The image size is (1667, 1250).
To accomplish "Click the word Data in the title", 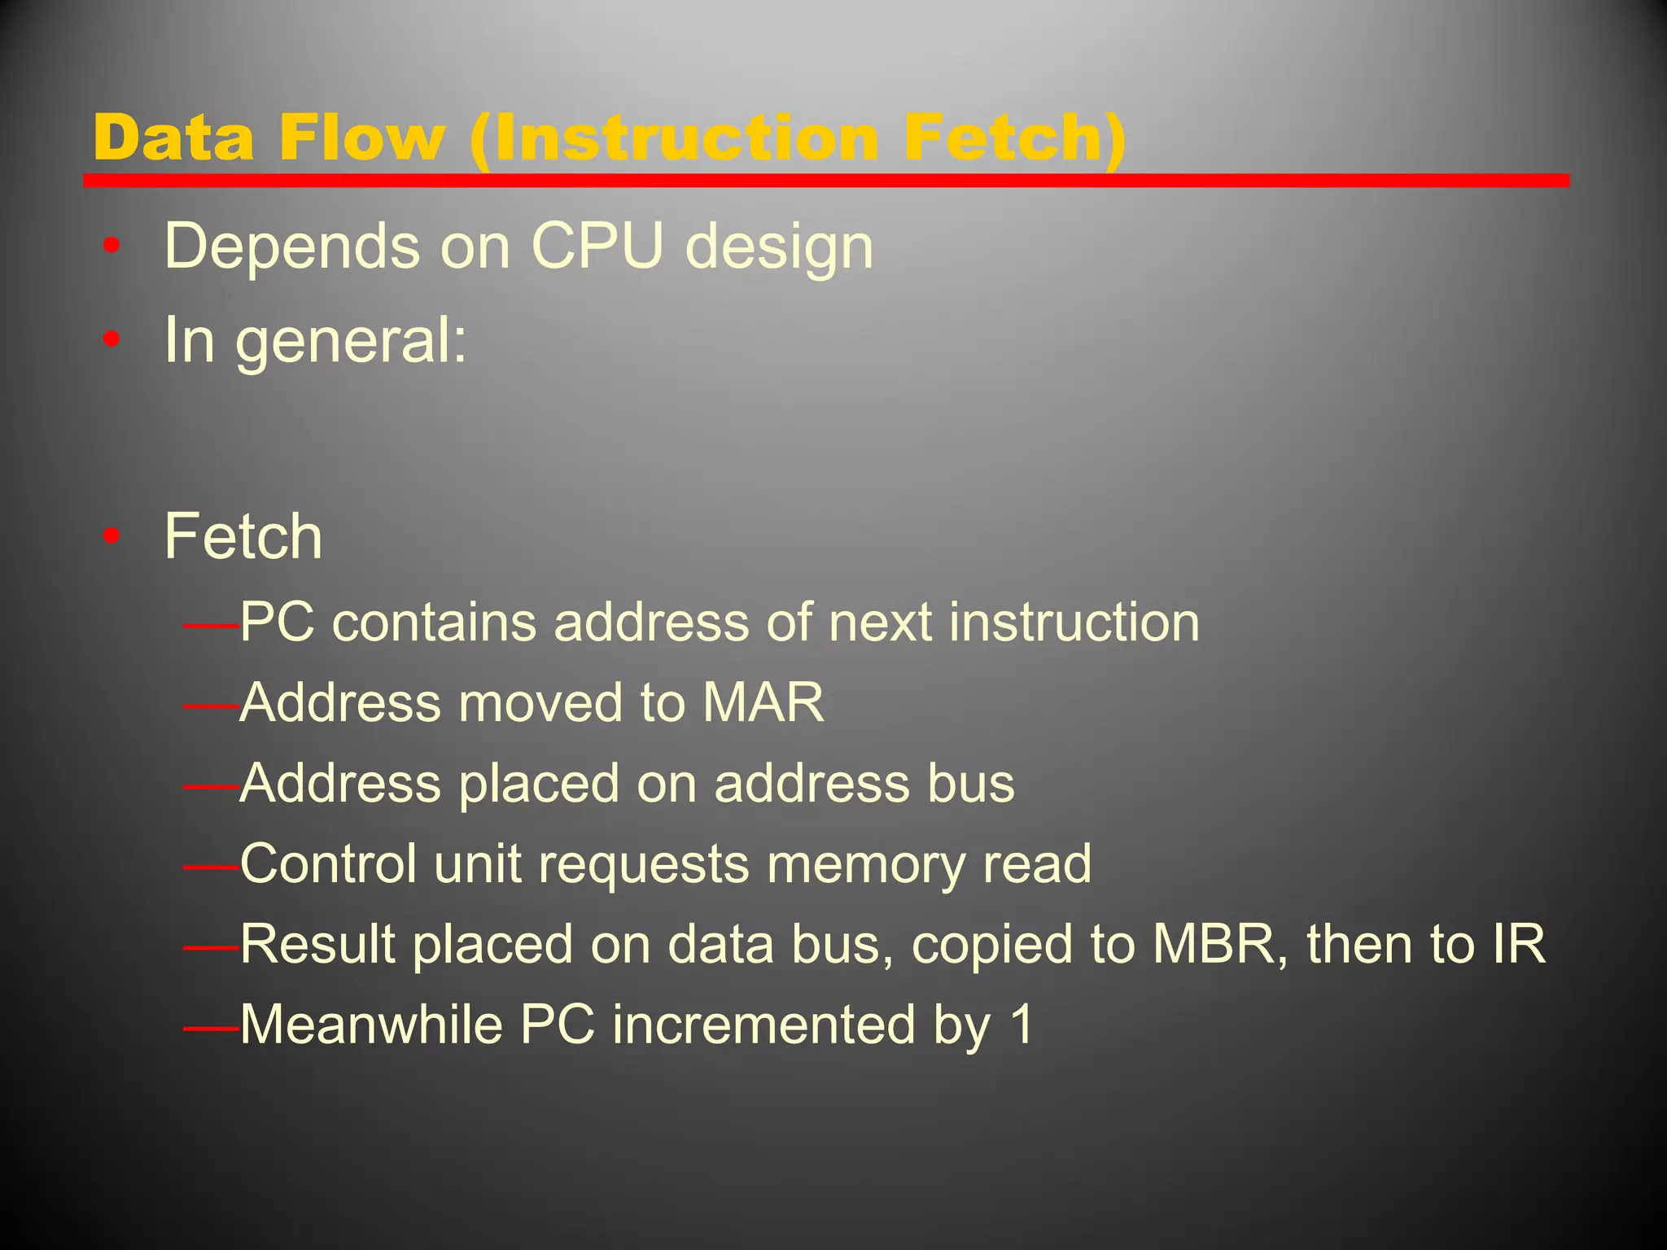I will (173, 138).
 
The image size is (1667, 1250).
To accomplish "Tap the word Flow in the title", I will (361, 138).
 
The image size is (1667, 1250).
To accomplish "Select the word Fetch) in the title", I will (1014, 138).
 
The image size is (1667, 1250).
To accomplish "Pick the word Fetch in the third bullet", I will (243, 537).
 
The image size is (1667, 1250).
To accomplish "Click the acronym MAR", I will (763, 702).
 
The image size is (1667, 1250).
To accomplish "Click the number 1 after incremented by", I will (1021, 1024).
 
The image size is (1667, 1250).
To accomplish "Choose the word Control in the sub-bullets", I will (329, 863).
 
